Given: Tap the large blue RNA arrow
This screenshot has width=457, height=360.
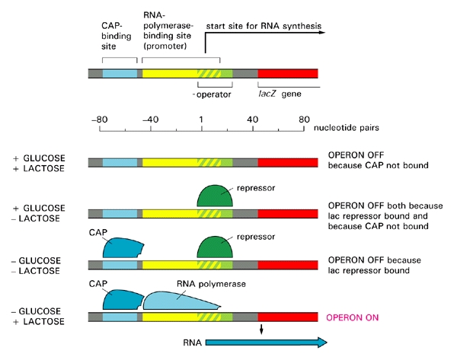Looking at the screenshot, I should [x=267, y=342].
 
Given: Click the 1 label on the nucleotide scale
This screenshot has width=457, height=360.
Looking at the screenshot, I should [x=201, y=119].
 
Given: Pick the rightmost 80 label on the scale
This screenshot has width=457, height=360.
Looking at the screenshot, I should [x=303, y=119].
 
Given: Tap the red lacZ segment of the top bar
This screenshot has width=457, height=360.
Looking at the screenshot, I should [x=288, y=74].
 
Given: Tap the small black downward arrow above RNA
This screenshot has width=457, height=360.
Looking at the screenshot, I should [x=262, y=328].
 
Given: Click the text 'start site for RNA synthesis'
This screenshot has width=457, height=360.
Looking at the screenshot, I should [x=263, y=25].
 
